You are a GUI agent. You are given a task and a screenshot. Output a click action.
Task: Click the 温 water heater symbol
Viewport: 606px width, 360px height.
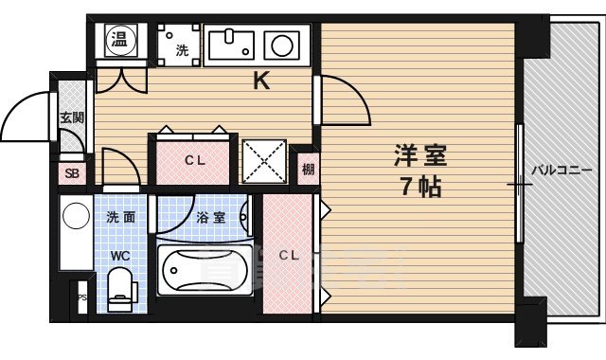coord(120,39)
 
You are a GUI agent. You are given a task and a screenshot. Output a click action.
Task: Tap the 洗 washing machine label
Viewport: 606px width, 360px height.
coord(181,48)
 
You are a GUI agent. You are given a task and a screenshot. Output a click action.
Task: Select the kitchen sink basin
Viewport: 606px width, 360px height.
coord(230,44)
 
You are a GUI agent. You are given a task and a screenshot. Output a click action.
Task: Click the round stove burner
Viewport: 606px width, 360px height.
coord(280,44)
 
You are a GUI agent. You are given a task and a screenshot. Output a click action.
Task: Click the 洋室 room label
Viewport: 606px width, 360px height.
coord(420,153)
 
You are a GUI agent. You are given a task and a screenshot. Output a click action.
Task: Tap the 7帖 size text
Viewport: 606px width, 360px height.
coord(419,186)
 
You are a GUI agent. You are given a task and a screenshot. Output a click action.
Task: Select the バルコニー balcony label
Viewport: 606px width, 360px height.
coord(560,171)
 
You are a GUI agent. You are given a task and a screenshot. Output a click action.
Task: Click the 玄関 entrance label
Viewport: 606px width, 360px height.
coord(72,117)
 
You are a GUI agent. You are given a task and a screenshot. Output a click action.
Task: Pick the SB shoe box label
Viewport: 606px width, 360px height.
coord(72,174)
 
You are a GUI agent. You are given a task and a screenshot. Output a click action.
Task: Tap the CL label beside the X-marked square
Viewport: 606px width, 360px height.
coord(195,161)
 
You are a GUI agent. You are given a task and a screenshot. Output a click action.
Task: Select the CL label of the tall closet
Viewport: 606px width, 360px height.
coord(289,254)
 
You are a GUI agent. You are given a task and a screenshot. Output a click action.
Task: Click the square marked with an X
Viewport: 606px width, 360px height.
coord(264,161)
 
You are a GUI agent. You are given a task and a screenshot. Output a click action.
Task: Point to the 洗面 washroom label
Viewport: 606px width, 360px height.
coord(121,217)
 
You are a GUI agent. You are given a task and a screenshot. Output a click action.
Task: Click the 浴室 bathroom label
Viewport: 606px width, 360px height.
coord(210,217)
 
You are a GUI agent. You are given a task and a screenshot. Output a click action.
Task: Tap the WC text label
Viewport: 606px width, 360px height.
coord(120,255)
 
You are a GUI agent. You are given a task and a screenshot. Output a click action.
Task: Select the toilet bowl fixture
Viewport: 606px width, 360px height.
coord(120,288)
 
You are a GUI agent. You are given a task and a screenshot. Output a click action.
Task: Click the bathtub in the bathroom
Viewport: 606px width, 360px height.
coord(205,273)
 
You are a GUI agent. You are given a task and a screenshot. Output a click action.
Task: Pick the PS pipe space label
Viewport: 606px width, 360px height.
coord(82,297)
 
